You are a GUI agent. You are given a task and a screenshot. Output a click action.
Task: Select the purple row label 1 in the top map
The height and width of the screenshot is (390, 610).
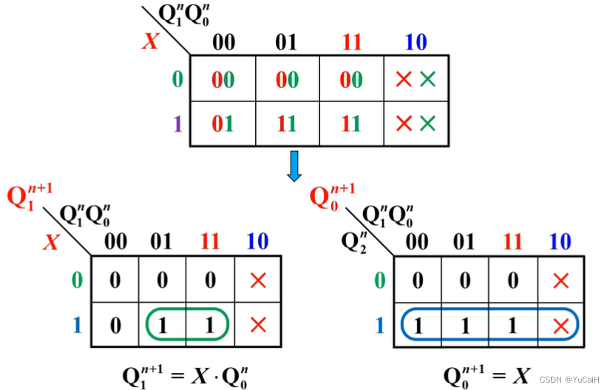[x=177, y=124]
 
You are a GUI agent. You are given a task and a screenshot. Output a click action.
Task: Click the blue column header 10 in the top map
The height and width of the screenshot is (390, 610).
[x=416, y=42]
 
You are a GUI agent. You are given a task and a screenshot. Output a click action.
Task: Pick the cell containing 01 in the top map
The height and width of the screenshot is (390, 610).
[x=223, y=124]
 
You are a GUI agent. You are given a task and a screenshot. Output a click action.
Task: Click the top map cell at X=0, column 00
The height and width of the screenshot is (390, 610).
[x=223, y=79]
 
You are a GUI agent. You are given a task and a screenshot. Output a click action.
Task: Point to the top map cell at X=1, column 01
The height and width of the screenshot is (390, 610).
[x=287, y=124]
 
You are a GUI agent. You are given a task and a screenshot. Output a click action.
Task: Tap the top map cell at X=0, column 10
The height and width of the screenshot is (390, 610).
[x=416, y=79]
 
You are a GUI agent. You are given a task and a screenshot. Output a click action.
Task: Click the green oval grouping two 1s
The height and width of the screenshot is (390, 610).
[x=187, y=324]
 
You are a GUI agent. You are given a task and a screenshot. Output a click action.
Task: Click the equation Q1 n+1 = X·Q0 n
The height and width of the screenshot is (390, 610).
[x=184, y=374]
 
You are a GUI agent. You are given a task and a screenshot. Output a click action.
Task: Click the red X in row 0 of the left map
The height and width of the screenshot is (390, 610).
[x=258, y=280]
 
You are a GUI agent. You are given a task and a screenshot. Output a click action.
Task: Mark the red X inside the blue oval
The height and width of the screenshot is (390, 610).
[x=561, y=325]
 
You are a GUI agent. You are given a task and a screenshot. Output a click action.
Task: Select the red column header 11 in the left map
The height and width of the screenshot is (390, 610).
[x=210, y=241]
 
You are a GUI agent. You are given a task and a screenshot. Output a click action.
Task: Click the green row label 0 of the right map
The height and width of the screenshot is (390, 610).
[x=380, y=280]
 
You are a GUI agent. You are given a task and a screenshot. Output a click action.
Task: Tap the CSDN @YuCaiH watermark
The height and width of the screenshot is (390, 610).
[x=569, y=379]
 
